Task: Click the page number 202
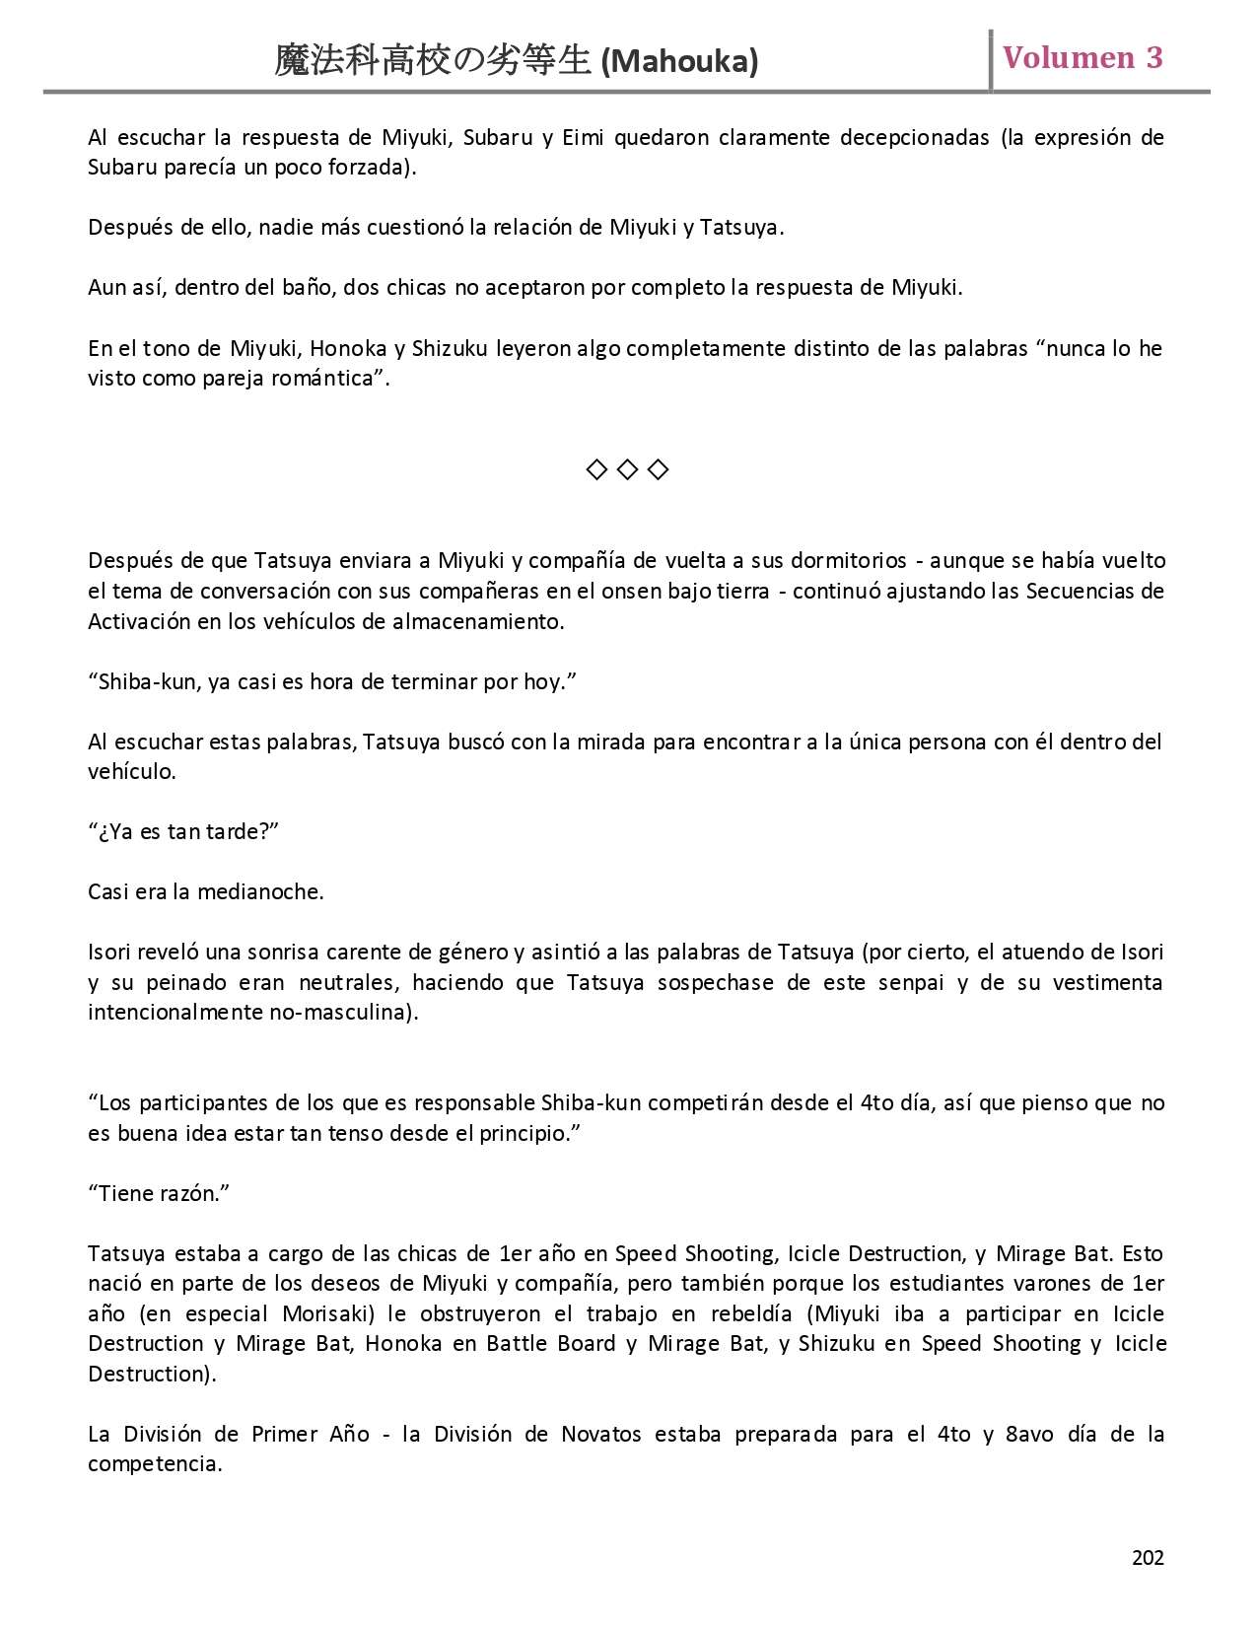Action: (x=1148, y=1558)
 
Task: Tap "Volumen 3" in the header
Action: (x=1082, y=58)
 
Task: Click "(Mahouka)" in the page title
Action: (x=680, y=62)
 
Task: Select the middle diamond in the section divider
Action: (x=627, y=469)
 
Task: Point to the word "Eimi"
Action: (x=583, y=137)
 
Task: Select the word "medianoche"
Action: (x=259, y=892)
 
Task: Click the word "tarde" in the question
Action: (x=235, y=832)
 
